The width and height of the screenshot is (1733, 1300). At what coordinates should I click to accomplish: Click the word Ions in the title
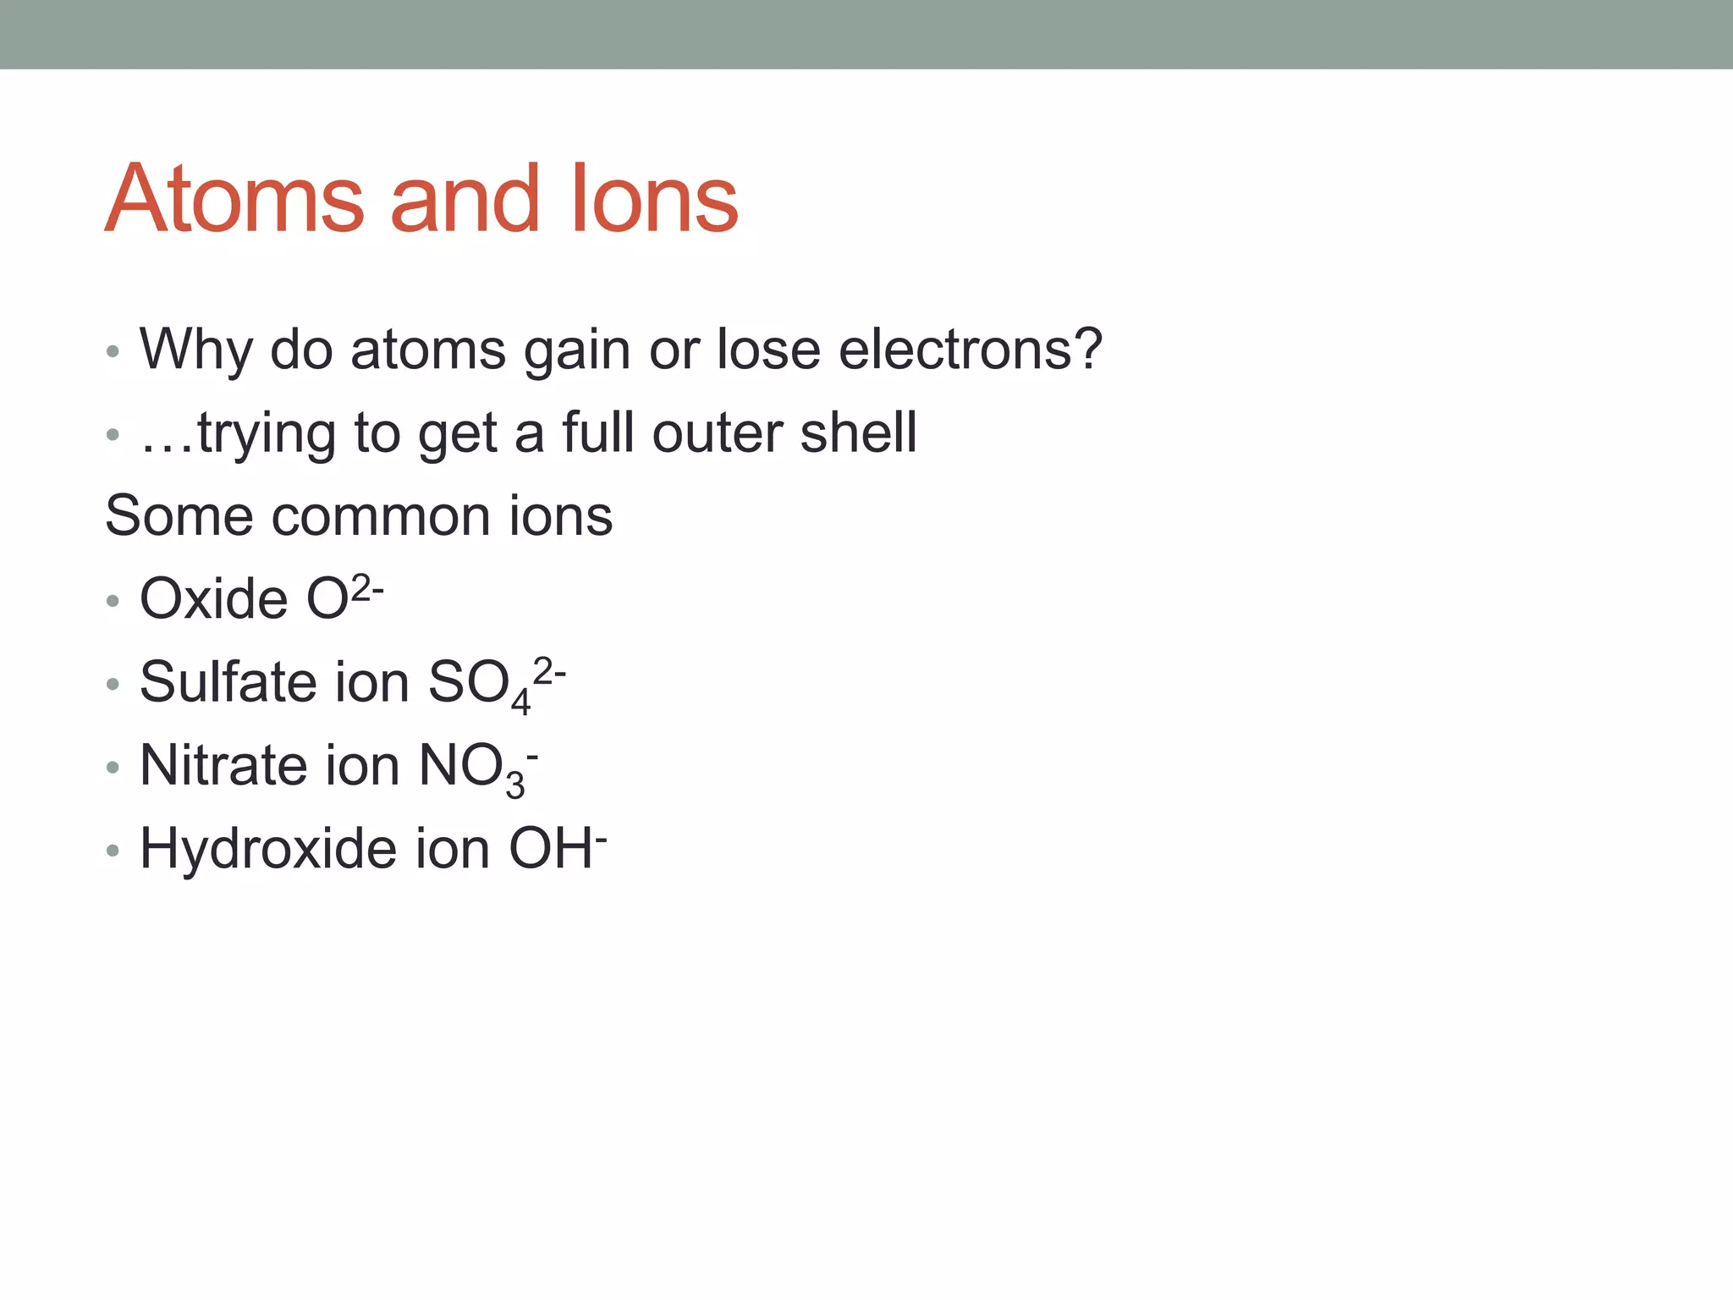(x=654, y=200)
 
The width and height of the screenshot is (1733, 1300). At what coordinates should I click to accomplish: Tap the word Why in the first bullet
(x=195, y=350)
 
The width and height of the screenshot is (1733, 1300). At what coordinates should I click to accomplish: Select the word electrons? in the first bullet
(x=971, y=349)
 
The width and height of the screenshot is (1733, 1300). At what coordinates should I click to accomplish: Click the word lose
(x=768, y=349)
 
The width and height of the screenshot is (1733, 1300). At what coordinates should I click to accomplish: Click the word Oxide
(x=213, y=599)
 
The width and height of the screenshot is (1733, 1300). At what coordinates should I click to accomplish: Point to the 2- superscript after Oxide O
(x=367, y=587)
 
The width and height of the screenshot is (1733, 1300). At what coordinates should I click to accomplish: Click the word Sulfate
(x=228, y=682)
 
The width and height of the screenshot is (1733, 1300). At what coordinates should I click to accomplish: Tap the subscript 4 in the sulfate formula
(x=520, y=702)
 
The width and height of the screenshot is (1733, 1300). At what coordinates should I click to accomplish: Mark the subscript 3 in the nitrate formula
(x=514, y=785)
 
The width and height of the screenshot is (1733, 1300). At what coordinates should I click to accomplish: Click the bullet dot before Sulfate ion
(x=113, y=684)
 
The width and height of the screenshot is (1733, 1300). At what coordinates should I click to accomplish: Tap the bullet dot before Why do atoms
(x=113, y=351)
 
